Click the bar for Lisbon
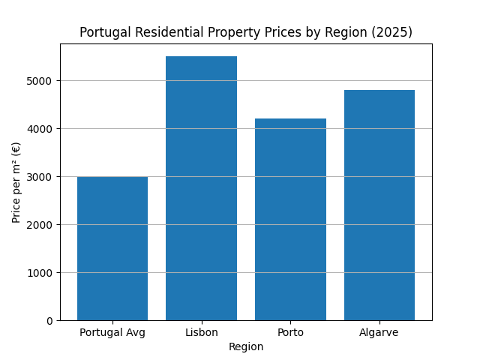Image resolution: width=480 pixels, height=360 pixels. tap(201, 188)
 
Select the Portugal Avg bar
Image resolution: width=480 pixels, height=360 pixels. tap(112, 248)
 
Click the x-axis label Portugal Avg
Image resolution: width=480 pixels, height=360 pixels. tap(112, 332)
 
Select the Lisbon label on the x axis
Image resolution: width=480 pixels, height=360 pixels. tap(201, 332)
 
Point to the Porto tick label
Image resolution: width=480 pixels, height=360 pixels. tap(290, 332)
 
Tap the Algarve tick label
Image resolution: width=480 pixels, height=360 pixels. tap(379, 332)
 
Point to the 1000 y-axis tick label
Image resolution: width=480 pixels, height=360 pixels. tap(43, 273)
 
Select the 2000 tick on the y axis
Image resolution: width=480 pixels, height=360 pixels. tap(43, 225)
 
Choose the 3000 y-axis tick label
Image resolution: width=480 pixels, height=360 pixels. tap(43, 177)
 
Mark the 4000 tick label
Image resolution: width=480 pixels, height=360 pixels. tap(43, 129)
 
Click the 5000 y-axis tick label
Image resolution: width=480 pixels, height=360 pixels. tap(43, 81)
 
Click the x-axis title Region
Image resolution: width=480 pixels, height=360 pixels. tap(246, 346)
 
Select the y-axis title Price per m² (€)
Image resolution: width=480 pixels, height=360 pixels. tap(16, 182)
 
